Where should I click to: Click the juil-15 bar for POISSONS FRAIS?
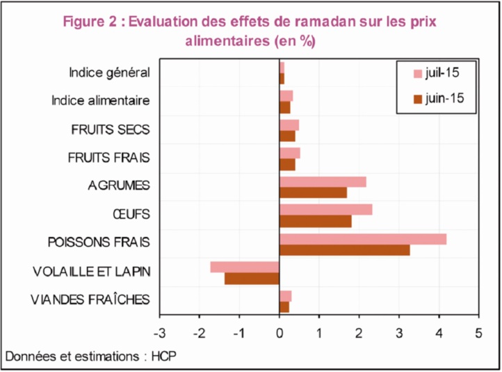(362, 239)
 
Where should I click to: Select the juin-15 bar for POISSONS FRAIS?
(344, 250)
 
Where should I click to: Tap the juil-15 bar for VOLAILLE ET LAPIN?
(245, 267)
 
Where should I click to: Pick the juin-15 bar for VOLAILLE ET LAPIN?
(252, 279)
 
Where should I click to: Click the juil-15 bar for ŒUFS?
(325, 210)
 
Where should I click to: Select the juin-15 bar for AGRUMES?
(313, 193)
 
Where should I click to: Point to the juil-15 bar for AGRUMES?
(323, 182)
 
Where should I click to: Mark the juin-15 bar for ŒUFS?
(315, 222)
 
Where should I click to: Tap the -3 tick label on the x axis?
(160, 333)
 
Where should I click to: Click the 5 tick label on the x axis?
(478, 333)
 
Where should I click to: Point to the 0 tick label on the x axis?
(280, 333)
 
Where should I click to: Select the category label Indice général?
(109, 72)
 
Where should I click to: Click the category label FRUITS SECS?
(111, 130)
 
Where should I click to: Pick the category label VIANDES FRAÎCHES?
(90, 300)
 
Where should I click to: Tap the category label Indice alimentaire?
(101, 101)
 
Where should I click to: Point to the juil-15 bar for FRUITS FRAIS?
(289, 153)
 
